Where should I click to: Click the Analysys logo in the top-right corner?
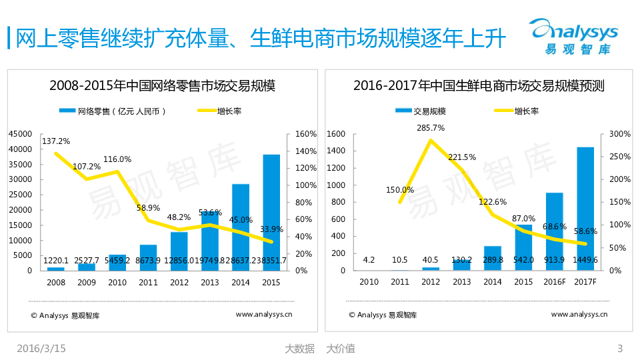point(574,36)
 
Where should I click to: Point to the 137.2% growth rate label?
point(56,141)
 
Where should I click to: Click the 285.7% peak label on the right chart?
point(431,127)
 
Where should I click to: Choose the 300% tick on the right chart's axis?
point(621,134)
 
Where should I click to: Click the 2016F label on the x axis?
point(555,282)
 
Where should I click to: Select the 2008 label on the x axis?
point(56,282)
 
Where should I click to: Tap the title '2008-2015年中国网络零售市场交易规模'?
point(162,86)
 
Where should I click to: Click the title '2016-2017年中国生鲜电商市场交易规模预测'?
point(479,86)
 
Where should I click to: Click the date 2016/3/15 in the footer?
point(41,348)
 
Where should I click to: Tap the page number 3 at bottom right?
point(620,348)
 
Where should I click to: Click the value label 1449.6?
point(585,261)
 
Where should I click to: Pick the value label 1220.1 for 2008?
point(56,261)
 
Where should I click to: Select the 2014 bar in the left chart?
point(241,227)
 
